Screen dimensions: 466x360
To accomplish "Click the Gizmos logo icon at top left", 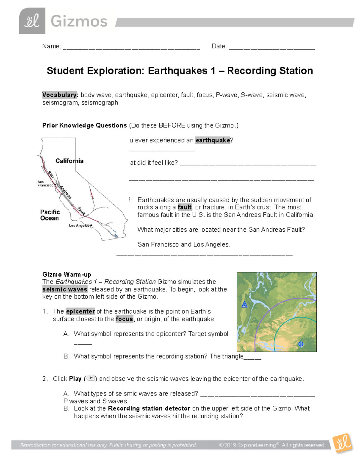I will coord(32,21).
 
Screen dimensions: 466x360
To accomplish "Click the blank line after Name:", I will coord(131,47).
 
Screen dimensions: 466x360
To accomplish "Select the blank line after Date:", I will coord(272,47).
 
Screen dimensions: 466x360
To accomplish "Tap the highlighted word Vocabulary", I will coord(60,95).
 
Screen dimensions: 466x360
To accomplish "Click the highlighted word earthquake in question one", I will coord(213,140).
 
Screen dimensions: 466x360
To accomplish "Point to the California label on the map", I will coord(69,161).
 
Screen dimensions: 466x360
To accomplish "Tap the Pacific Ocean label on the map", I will coord(50,215).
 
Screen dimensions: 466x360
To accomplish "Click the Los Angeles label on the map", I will coord(80,225).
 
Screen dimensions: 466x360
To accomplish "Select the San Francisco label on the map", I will coord(45,184).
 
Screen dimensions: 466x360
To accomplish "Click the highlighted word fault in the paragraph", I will coord(184,207).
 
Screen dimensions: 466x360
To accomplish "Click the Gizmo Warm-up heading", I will coord(67,274).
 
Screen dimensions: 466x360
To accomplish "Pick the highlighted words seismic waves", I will coord(65,289).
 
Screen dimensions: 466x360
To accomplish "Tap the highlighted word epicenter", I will coord(80,311).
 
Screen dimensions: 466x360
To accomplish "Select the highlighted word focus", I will coord(124,319).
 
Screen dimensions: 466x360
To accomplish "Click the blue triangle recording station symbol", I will coord(244,305).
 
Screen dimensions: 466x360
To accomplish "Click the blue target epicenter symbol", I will coord(301,344).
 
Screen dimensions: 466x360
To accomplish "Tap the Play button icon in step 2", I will coord(91,378).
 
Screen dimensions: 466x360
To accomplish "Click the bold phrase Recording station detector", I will coord(149,408).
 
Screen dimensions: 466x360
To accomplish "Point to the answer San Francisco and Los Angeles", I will coord(184,244).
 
